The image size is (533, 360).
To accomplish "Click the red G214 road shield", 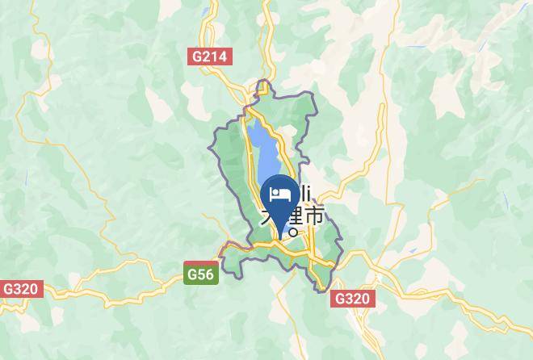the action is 211,57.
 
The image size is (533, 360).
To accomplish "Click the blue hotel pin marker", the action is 281,198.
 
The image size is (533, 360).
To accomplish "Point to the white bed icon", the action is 281,194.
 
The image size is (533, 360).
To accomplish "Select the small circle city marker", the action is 293,233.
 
